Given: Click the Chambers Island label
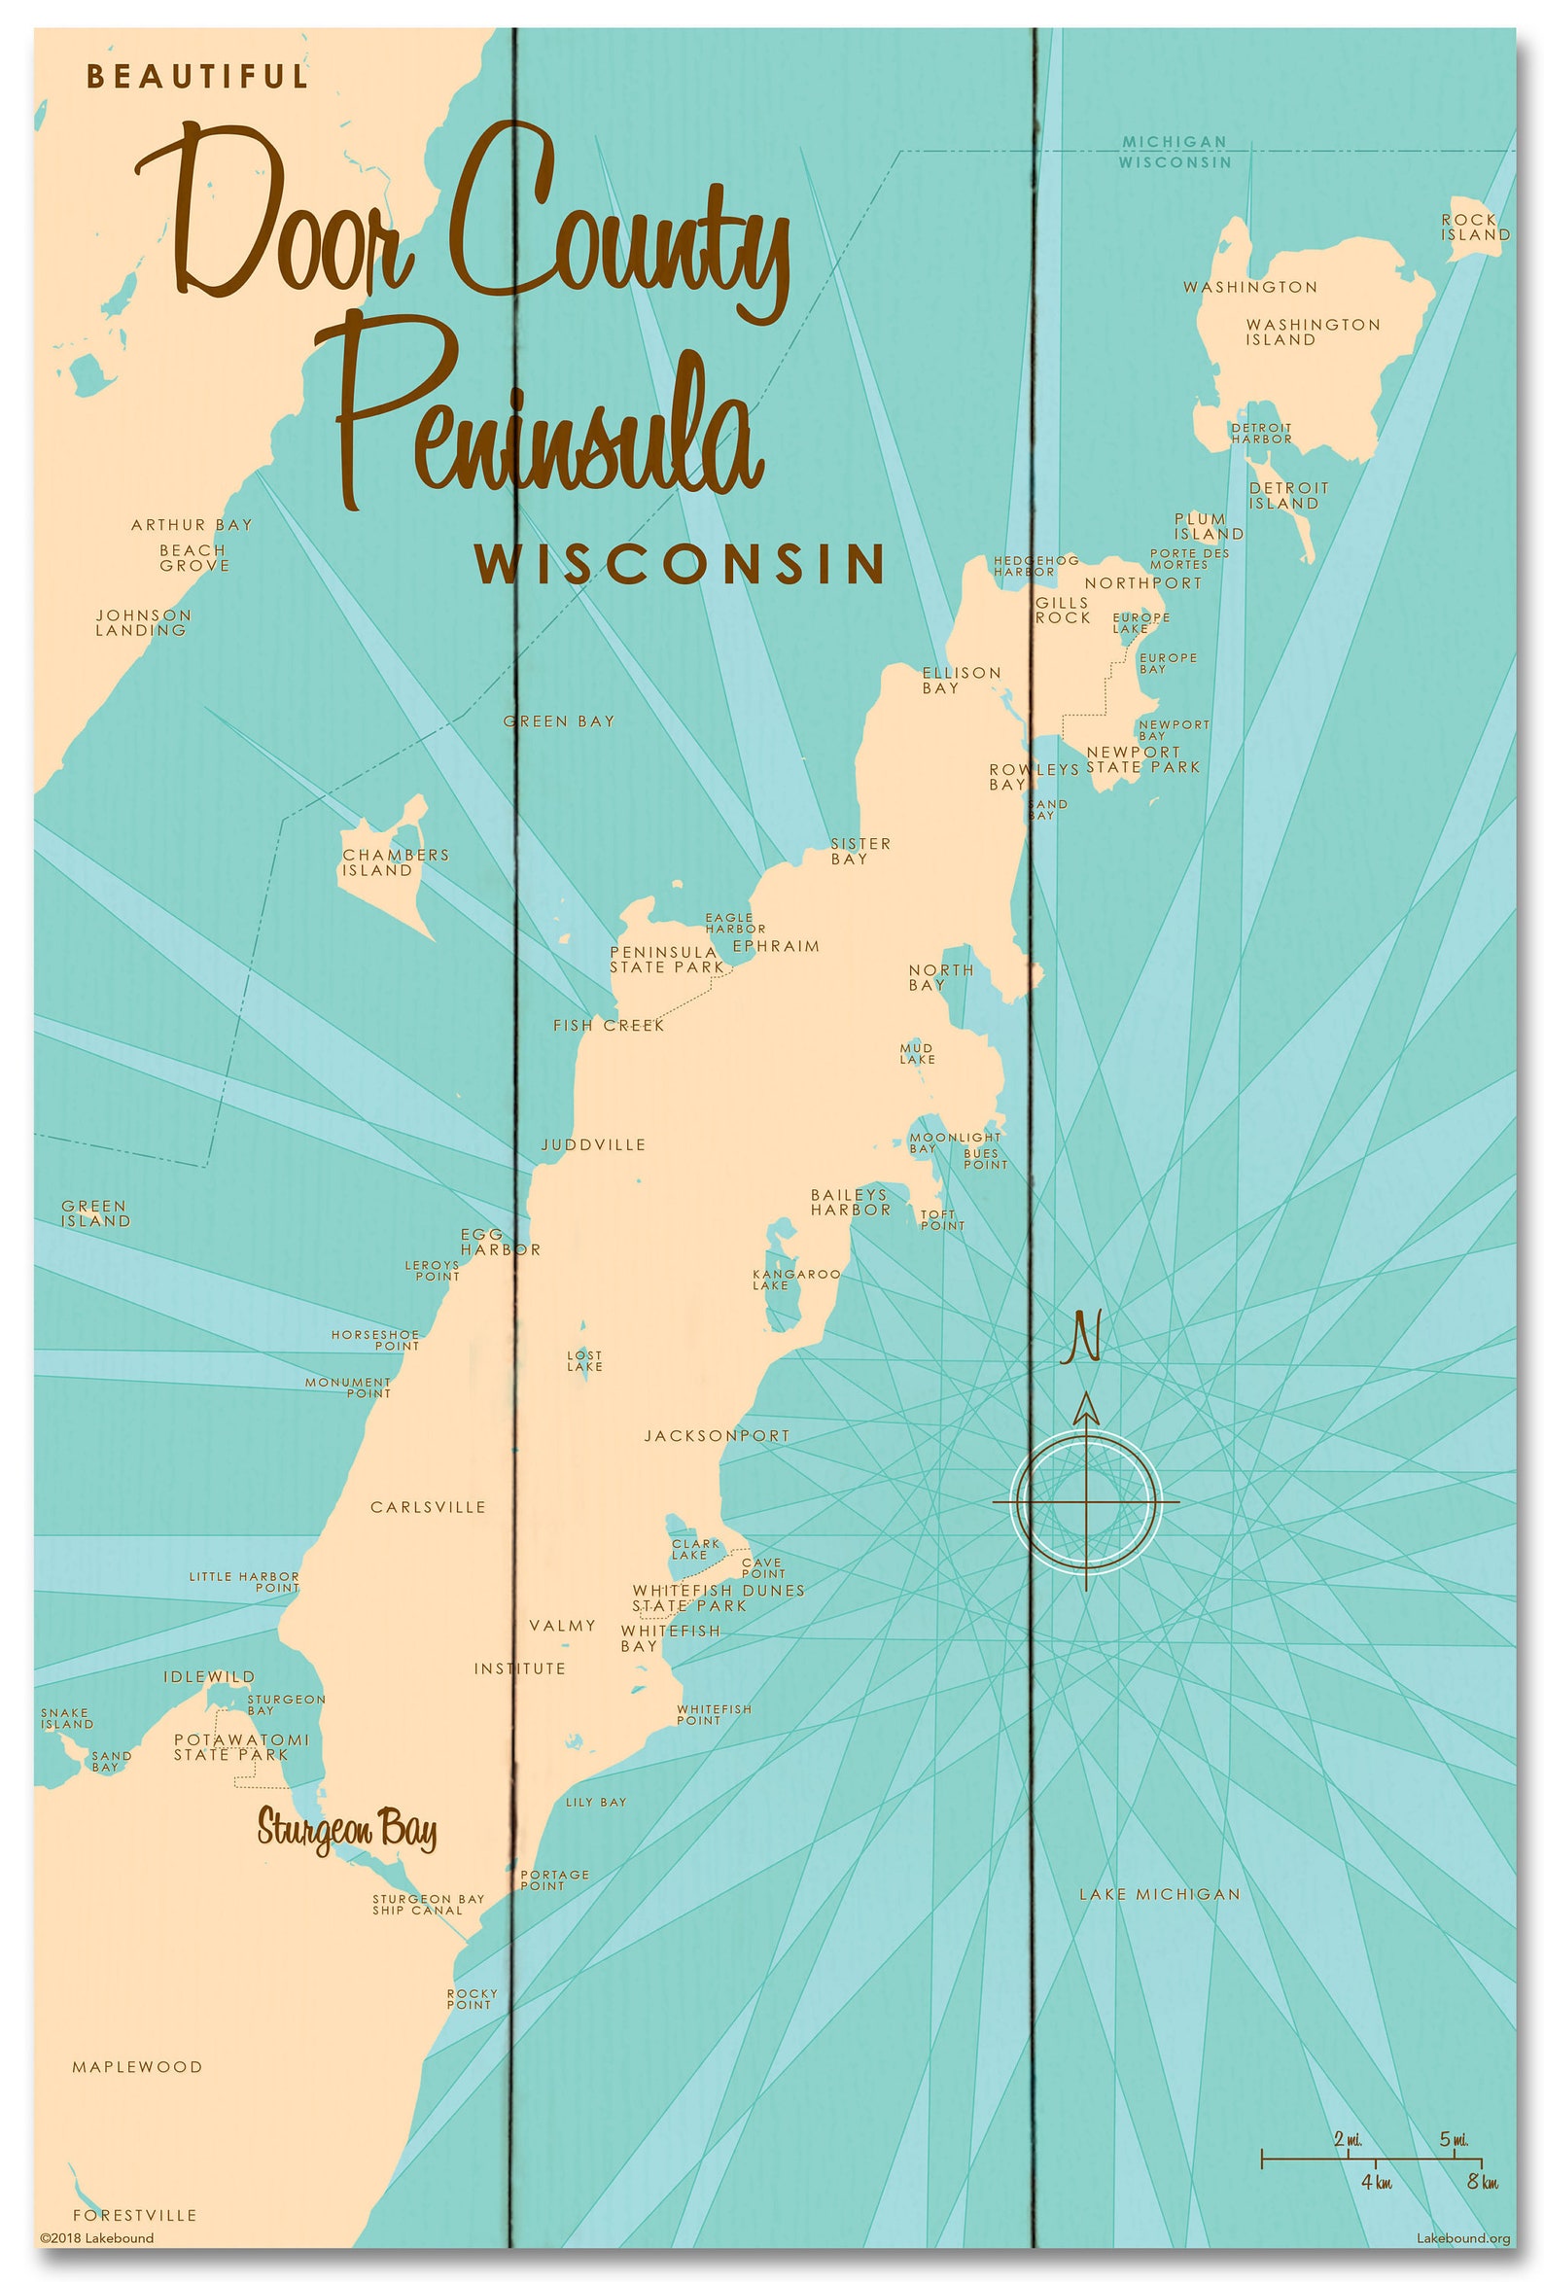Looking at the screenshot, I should coord(395,862).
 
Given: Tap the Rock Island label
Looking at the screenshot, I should coord(1474,227).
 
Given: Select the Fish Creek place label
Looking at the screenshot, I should coord(608,1025).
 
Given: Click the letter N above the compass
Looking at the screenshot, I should coord(1083,1337).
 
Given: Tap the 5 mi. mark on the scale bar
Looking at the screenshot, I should coord(1453,2140).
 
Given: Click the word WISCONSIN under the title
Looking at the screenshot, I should coord(680,565).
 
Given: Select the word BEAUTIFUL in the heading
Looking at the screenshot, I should coord(197,77).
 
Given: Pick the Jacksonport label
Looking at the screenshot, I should coord(716,1435).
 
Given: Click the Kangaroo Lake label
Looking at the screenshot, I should coord(795,1279).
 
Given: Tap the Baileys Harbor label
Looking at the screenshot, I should coord(850,1202).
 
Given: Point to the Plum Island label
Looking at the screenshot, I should coord(1209,526).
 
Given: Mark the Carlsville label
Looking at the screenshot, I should coord(427,1507).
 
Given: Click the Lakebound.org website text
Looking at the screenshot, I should coord(1462,2238).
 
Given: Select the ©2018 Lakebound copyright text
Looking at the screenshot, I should coord(96,2238).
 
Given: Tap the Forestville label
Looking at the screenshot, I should coord(134,2215).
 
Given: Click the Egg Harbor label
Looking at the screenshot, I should coord(499,1243).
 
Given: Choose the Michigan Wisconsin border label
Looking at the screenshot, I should coord(1174,153).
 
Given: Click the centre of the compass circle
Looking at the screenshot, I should coord(1085,1502).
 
